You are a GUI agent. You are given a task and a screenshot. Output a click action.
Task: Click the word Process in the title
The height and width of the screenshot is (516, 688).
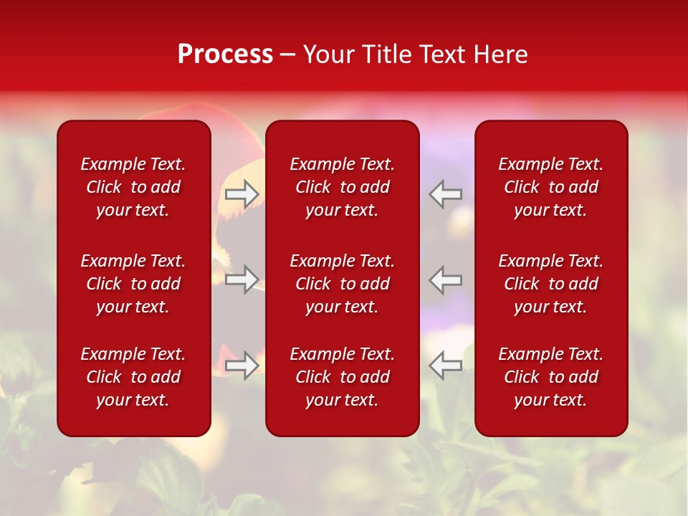[225, 54]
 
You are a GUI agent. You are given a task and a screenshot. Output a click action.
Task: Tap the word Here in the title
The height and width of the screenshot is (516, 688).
[500, 54]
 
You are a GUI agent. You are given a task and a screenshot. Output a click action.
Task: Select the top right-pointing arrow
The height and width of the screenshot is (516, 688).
[242, 193]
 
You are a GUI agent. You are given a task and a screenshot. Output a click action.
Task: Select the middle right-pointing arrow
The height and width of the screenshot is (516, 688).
[242, 279]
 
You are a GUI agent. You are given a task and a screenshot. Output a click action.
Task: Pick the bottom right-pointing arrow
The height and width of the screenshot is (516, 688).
[242, 365]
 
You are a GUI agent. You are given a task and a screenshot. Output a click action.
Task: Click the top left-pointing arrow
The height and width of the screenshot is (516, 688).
[446, 193]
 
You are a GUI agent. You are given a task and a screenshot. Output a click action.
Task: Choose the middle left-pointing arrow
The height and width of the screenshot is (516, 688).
[446, 279]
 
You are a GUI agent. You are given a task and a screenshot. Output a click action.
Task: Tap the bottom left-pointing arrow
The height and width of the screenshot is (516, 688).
[446, 365]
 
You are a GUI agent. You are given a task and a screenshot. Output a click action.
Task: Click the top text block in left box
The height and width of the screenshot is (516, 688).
[133, 187]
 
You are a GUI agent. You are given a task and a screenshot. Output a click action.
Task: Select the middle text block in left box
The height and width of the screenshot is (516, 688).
[133, 284]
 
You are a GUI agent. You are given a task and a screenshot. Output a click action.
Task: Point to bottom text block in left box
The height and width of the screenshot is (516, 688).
[133, 377]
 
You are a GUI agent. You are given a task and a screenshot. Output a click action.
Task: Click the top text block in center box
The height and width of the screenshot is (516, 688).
[343, 187]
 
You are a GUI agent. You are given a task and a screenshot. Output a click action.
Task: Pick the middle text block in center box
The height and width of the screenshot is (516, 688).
[343, 284]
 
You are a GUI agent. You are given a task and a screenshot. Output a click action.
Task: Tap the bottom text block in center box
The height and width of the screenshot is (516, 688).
[343, 377]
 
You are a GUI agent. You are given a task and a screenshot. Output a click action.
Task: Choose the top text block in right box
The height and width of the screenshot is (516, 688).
[551, 187]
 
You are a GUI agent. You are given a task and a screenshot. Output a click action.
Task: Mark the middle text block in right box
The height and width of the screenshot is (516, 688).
[551, 284]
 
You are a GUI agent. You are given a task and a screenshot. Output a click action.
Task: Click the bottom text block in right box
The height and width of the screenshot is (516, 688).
[551, 377]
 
